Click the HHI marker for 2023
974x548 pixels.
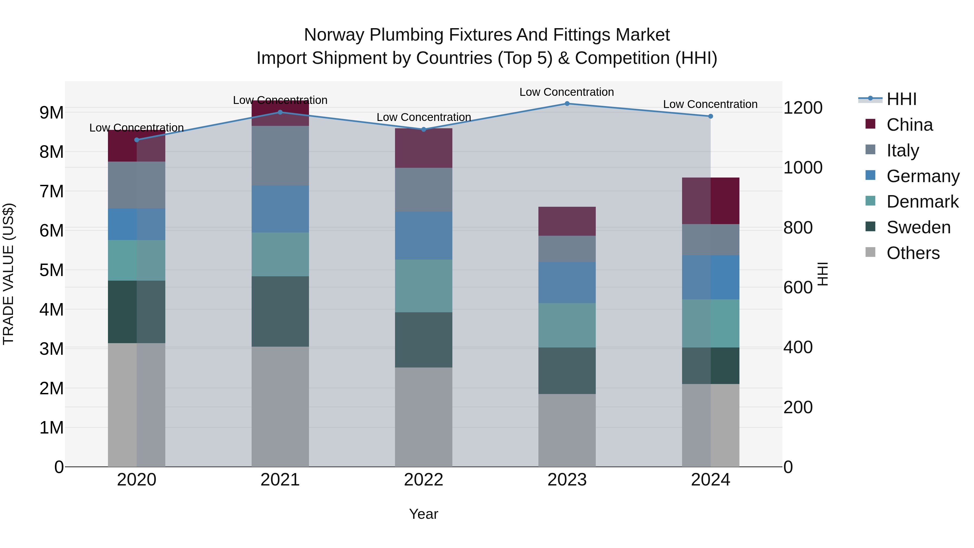click(x=567, y=104)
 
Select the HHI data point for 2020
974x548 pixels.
click(x=137, y=140)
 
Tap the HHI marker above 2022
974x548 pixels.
click(x=423, y=129)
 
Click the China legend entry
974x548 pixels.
click(x=909, y=125)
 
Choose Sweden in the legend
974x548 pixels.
click(x=918, y=227)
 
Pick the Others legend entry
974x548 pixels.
click(x=913, y=253)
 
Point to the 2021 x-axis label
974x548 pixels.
click(x=280, y=480)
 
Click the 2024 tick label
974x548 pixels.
click(x=710, y=480)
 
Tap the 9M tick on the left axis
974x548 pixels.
click(x=52, y=113)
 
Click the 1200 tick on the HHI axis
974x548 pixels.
click(x=803, y=108)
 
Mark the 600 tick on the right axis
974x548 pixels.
click(x=798, y=287)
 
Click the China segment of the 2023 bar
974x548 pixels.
click(x=567, y=221)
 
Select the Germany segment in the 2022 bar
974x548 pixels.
click(x=423, y=236)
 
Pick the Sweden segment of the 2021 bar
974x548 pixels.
click(x=280, y=311)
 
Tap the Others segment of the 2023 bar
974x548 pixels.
click(x=567, y=430)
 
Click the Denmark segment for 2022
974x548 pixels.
click(x=423, y=286)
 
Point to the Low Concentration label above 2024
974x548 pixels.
click(x=710, y=104)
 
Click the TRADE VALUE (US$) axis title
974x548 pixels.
click(x=8, y=274)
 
